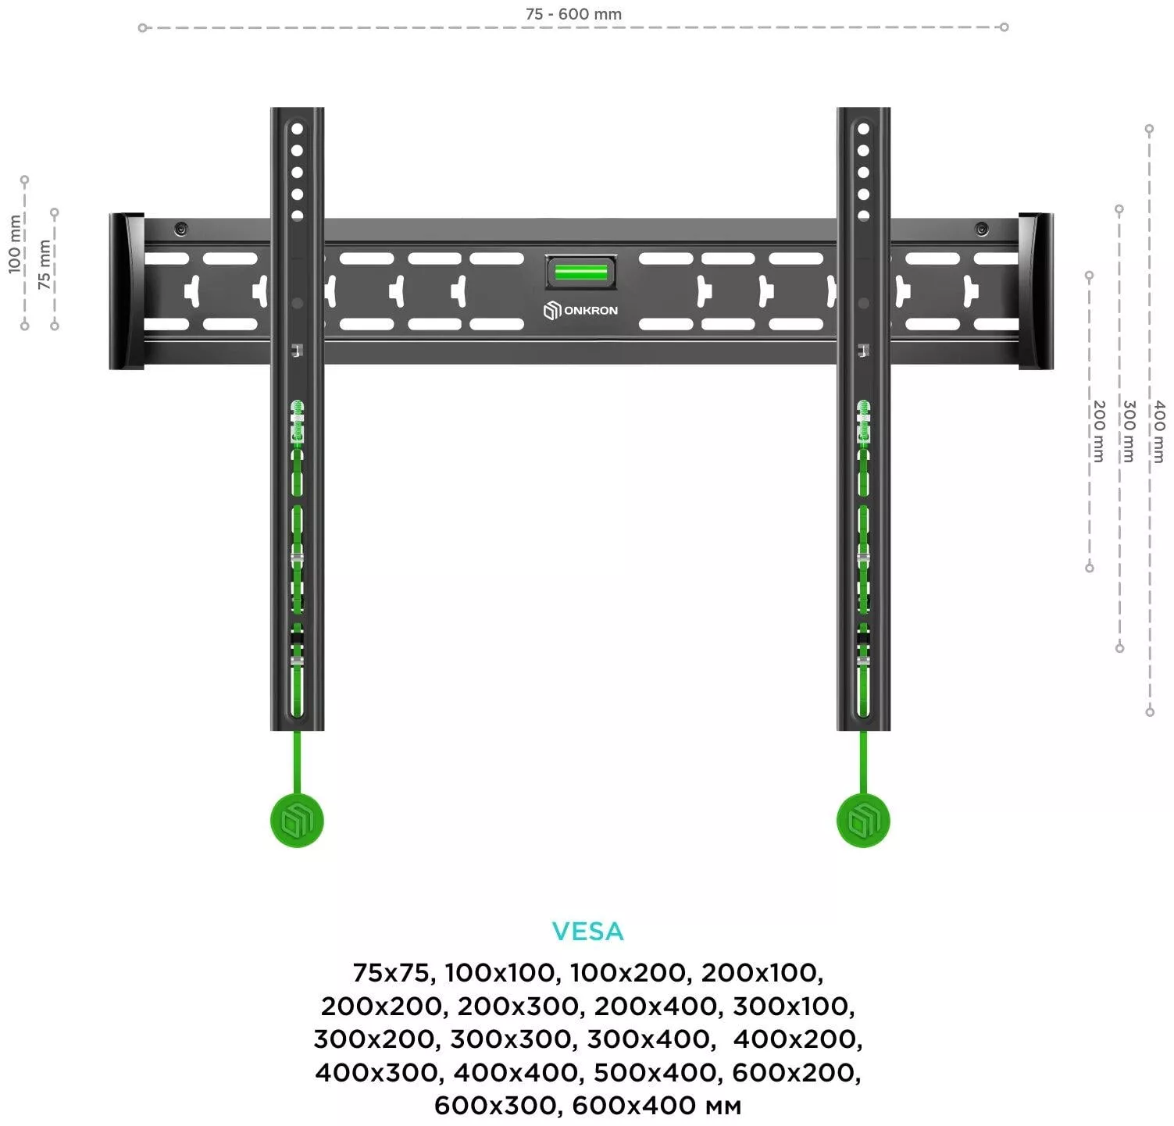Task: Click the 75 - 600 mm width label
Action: (574, 14)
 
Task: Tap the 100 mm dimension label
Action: (15, 244)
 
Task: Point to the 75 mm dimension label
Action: (45, 265)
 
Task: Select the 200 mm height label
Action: (1098, 431)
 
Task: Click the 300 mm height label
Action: (1129, 431)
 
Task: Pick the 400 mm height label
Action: (1159, 431)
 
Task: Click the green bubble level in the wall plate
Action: (580, 272)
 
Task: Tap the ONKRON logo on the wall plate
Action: (580, 310)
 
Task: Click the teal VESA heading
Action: (587, 931)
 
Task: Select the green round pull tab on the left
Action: (297, 821)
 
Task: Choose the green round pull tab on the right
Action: (863, 821)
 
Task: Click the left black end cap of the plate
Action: (127, 290)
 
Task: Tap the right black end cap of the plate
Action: (1035, 290)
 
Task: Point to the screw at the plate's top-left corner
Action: (181, 229)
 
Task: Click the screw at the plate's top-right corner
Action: (981, 229)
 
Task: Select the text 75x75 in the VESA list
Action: (391, 973)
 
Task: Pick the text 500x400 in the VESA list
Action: (655, 1073)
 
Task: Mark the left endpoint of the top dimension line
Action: (142, 28)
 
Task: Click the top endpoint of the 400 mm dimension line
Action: (1149, 129)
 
